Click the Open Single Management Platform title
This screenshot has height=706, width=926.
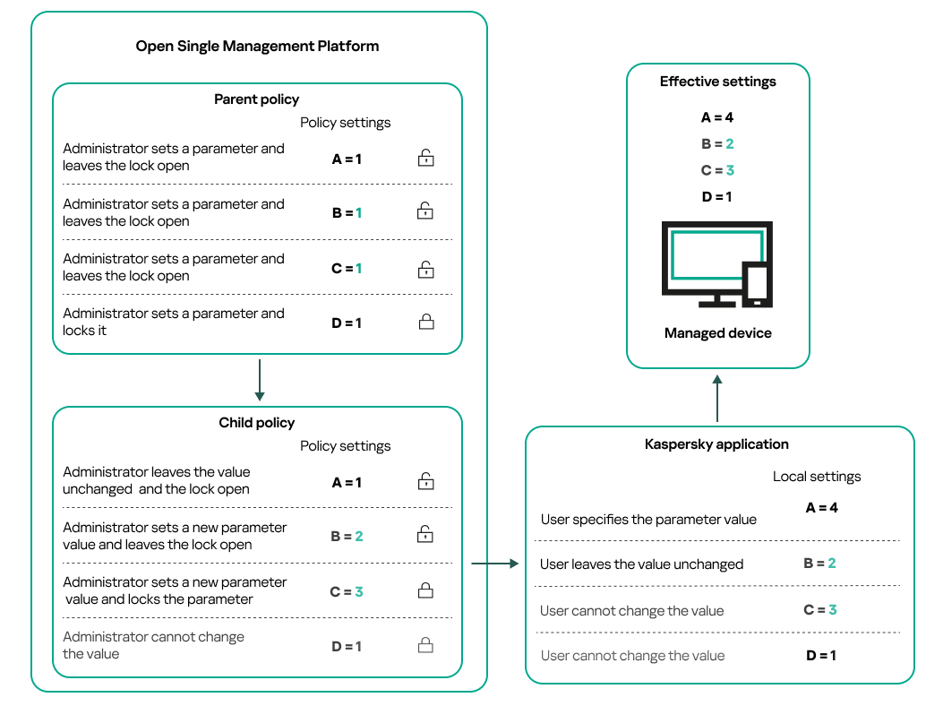257,46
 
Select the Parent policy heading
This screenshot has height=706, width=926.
256,99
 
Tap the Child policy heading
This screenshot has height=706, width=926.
256,423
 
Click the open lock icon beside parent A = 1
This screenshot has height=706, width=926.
426,159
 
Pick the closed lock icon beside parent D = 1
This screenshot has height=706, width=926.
426,323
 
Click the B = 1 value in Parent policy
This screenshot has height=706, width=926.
347,213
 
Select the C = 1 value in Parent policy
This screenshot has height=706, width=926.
347,268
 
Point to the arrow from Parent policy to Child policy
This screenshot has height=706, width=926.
258,380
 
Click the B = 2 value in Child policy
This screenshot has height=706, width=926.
347,537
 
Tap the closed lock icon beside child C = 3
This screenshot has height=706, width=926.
426,591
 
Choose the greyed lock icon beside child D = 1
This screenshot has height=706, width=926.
426,646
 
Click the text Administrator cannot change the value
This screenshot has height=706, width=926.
153,645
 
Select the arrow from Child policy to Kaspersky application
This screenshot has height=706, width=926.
494,564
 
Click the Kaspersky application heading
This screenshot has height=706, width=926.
716,444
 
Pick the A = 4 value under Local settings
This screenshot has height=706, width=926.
821,508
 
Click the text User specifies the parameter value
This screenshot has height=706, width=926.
648,520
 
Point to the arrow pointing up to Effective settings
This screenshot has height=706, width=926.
717,398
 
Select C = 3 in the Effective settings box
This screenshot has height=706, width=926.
717,170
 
